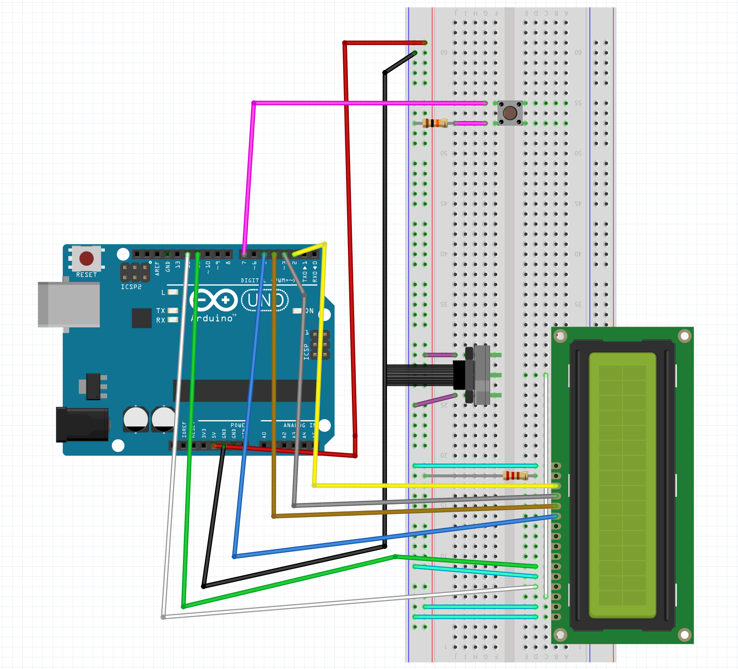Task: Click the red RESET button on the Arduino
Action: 86,259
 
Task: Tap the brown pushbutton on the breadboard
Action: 510,113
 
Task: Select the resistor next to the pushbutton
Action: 434,123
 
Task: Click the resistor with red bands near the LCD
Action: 515,475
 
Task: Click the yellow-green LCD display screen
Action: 622,485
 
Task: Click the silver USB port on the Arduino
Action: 68,304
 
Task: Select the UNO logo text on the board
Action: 265,301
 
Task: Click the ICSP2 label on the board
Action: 131,287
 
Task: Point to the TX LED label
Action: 161,310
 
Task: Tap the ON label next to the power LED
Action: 309,311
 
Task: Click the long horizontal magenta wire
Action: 369,103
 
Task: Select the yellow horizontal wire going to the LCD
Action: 434,486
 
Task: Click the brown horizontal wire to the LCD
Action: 412,511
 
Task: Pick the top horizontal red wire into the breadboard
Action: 384,43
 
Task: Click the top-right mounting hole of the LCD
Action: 684,336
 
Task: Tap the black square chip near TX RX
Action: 141,318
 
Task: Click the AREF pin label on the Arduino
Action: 157,268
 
